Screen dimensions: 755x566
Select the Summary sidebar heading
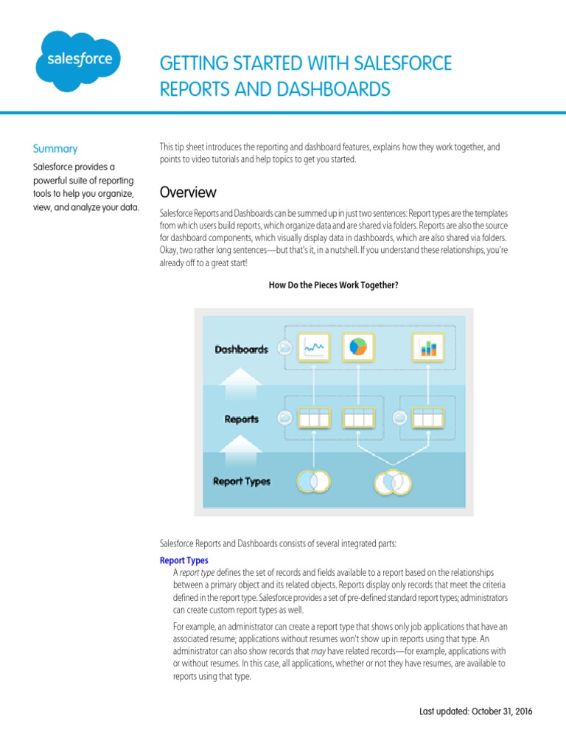55,148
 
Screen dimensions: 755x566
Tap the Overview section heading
188,192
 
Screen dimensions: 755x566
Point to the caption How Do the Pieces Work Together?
333,285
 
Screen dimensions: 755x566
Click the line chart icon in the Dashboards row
314,347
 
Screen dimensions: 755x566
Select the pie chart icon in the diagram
357,347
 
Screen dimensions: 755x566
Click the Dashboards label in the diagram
241,349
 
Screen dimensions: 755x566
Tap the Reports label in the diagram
242,419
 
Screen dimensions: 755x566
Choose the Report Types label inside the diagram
242,481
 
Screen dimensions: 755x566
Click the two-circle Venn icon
313,481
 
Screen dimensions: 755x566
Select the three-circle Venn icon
392,482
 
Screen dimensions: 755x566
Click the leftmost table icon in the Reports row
314,418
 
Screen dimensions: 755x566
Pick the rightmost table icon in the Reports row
428,418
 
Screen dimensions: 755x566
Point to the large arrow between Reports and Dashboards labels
242,384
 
